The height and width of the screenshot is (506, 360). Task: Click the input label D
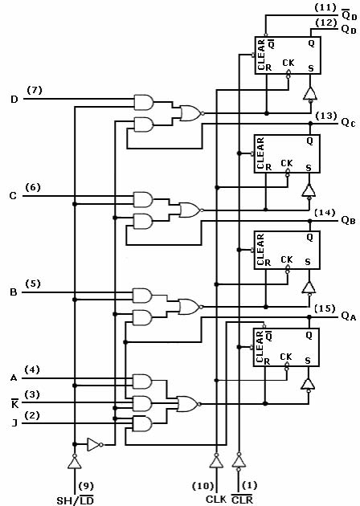click(14, 100)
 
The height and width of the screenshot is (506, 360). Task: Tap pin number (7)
click(35, 90)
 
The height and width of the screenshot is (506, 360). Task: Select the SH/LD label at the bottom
click(75, 500)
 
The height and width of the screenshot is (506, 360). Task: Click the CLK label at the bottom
click(216, 499)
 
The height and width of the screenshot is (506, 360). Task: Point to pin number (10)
click(203, 486)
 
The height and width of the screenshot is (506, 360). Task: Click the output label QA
click(349, 316)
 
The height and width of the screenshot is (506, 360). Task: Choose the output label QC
click(349, 123)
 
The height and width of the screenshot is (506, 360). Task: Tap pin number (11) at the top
click(325, 8)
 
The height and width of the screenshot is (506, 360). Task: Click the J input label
click(14, 422)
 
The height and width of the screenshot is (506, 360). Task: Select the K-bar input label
click(14, 403)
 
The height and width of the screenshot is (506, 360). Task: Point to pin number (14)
click(325, 213)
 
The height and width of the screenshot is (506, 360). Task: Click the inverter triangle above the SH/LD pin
click(75, 462)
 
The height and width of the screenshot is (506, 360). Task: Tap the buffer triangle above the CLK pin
click(216, 462)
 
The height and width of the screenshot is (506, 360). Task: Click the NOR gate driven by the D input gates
click(192, 113)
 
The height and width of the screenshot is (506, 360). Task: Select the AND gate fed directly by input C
click(143, 200)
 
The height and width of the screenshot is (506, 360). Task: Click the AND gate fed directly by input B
click(142, 296)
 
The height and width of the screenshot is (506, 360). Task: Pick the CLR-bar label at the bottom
click(242, 500)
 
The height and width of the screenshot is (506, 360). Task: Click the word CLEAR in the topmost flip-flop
click(261, 55)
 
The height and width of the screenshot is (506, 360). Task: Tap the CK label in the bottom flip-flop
click(286, 357)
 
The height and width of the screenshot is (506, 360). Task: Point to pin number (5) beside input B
click(33, 284)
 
